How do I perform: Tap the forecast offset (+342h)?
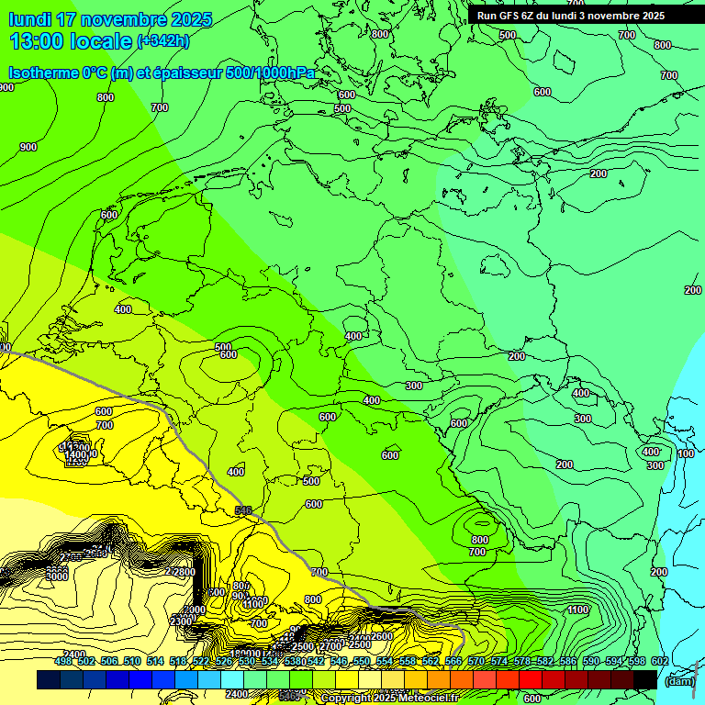coord(162,41)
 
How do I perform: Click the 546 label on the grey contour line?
coord(243,510)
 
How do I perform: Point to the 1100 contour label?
coord(577,610)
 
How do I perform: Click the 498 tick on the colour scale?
coord(63,661)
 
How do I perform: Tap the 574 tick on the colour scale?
coord(498,661)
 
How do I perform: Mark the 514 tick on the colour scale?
coord(155,661)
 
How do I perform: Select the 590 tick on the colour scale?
coord(590,661)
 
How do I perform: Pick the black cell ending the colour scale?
coord(645,679)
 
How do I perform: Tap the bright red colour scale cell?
coord(531,679)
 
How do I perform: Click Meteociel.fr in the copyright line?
coord(428,699)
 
